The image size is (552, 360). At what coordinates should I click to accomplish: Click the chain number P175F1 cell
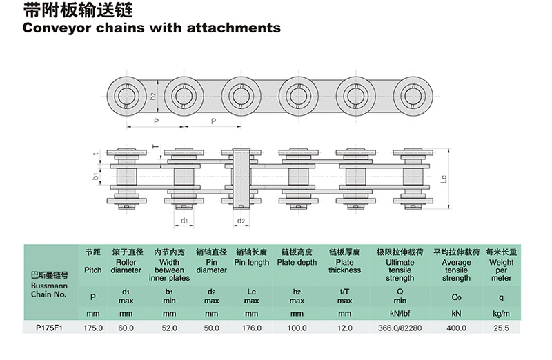[49, 328]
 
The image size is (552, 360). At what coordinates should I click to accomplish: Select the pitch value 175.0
[93, 328]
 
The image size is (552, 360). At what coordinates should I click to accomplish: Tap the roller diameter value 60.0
[126, 328]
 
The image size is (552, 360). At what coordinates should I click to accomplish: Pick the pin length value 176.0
[251, 328]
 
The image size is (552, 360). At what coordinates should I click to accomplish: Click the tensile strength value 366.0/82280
[400, 328]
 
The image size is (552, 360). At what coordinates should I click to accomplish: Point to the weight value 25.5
[501, 328]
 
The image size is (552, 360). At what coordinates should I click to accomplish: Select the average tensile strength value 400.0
[456, 328]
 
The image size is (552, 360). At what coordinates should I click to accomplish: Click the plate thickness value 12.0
[344, 328]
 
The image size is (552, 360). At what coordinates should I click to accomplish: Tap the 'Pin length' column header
[251, 263]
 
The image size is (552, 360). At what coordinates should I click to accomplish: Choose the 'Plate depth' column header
[297, 263]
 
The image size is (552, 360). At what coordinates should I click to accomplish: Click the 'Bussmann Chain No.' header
[49, 290]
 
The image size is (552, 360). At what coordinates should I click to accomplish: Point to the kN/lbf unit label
[400, 314]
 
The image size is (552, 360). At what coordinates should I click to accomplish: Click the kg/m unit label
[501, 314]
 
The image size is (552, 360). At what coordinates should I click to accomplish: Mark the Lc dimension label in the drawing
[444, 179]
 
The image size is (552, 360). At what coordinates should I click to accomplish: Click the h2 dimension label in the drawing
[152, 96]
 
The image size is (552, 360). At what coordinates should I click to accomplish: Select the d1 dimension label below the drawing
[184, 221]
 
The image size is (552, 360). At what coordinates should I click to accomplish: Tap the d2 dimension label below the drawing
[241, 221]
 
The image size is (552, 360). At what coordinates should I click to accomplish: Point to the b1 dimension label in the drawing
[95, 176]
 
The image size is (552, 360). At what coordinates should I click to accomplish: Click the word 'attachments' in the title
[234, 28]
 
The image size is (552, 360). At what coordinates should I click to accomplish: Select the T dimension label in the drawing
[156, 146]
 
